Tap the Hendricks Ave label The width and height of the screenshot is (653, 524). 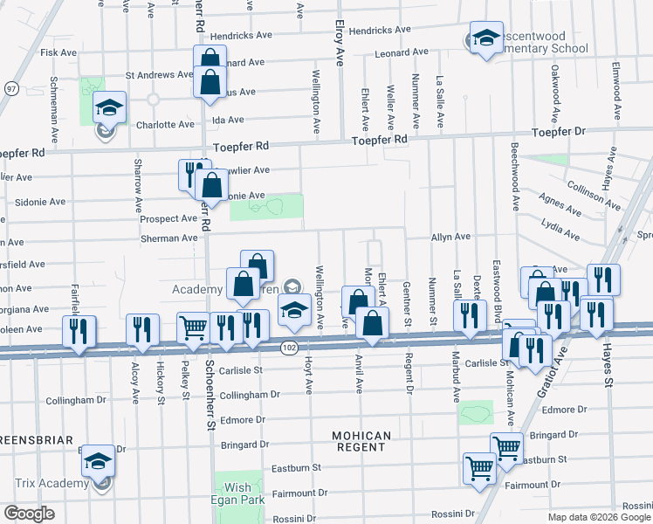[379, 30]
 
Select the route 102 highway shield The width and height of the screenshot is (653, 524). [289, 348]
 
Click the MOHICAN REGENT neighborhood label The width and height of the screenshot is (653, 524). [360, 441]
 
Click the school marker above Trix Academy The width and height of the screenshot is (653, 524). [98, 461]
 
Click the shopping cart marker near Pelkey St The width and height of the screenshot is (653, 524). [194, 327]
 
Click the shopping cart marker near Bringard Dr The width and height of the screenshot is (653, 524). [506, 448]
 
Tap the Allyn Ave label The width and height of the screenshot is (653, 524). [450, 237]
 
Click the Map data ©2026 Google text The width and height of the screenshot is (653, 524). [599, 517]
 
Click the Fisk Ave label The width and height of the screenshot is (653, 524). [58, 52]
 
